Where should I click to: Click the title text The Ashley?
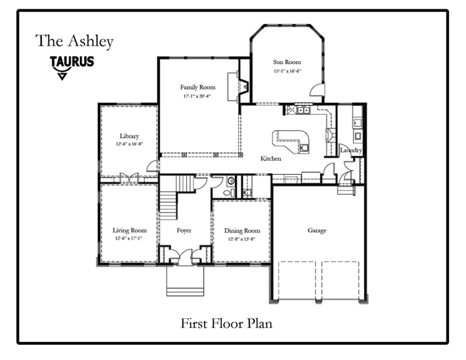click(x=74, y=41)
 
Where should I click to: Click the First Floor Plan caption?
click(x=226, y=323)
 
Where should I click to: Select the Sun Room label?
click(x=286, y=62)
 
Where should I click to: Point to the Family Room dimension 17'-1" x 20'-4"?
click(x=197, y=96)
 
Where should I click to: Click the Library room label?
click(x=130, y=136)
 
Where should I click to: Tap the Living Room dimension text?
click(x=130, y=239)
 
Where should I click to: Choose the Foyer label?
click(x=184, y=231)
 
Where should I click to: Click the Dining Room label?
click(x=242, y=231)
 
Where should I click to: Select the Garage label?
click(x=317, y=231)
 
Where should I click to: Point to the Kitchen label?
click(x=271, y=159)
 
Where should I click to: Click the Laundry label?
click(x=351, y=151)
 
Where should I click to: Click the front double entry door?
click(x=184, y=256)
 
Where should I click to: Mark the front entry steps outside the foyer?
click(x=184, y=281)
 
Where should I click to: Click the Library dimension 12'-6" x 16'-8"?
click(x=130, y=145)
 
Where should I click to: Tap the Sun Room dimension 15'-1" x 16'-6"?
click(x=286, y=71)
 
